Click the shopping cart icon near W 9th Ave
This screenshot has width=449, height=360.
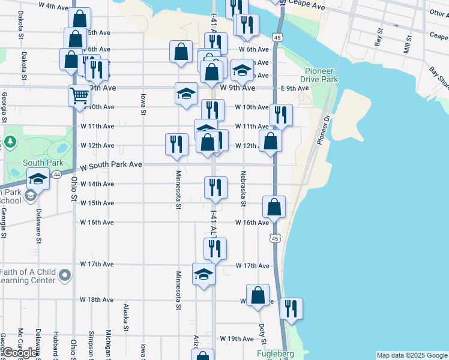[x=79, y=95]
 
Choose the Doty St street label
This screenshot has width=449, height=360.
[x=263, y=331]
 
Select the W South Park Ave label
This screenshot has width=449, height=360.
[x=111, y=164]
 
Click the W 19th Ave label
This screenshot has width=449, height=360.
[x=237, y=338]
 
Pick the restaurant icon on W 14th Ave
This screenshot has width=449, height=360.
[x=215, y=187]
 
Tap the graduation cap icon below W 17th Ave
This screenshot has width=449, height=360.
[x=203, y=274]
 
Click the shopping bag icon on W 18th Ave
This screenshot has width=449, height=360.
[x=258, y=295]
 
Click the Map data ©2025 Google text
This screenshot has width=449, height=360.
[x=411, y=355]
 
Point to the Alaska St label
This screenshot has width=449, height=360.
[x=126, y=317]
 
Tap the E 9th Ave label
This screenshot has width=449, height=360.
[x=295, y=88]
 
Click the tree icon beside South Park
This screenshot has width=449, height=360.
[x=10, y=142]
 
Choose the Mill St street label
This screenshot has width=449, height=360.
[x=407, y=45]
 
